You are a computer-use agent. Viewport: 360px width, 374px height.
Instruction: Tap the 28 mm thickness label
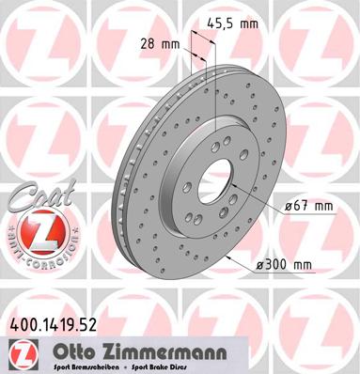point(159,42)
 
